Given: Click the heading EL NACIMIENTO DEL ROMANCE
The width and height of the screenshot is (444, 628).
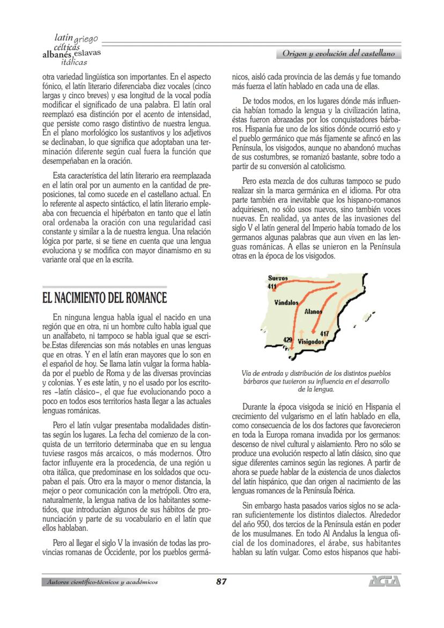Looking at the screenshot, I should (x=105, y=297).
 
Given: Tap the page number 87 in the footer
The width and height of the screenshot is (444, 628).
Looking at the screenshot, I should (x=222, y=581).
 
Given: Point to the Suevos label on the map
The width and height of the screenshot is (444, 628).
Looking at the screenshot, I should (x=278, y=278).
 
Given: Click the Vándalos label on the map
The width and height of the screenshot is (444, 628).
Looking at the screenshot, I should (x=286, y=303).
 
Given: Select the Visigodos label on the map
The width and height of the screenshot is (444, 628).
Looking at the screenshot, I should (x=310, y=341).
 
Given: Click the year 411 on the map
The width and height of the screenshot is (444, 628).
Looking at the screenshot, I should (x=272, y=286).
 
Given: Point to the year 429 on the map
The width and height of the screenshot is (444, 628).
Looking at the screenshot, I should (x=288, y=339).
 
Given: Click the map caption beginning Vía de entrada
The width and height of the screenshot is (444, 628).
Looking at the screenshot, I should (x=316, y=381).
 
